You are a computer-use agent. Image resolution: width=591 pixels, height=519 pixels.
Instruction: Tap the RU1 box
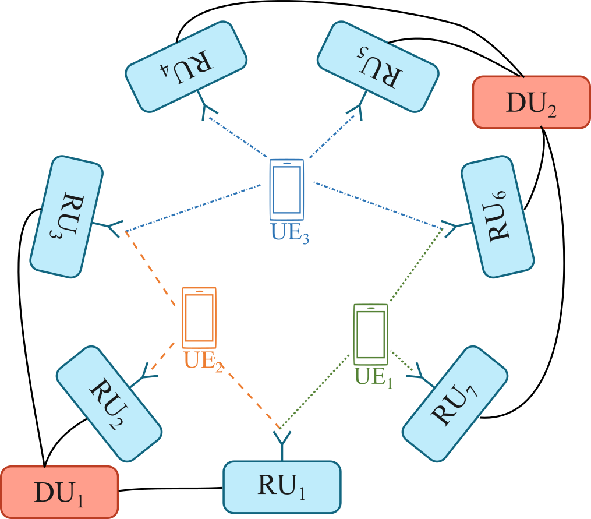(282, 486)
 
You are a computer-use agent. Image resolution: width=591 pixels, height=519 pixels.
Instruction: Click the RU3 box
(66, 216)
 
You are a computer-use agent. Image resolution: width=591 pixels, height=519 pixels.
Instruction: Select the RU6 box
(498, 216)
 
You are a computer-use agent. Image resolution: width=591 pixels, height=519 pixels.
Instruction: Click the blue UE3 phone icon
(286, 187)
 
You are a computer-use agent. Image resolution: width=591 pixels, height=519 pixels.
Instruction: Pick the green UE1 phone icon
(370, 333)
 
